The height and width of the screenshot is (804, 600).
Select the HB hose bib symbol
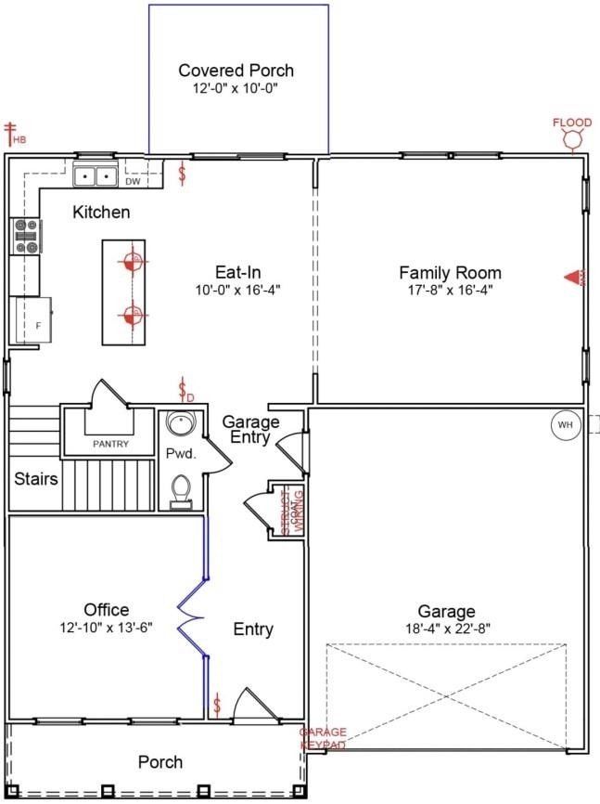[x=13, y=135]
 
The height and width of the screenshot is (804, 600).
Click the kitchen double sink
[x=95, y=175]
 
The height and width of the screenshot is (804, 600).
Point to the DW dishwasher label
[x=133, y=182]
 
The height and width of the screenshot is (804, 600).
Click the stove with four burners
[x=25, y=236]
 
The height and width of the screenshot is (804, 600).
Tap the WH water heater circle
[x=565, y=425]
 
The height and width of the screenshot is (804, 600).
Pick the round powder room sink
[x=179, y=425]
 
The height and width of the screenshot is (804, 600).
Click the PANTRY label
[x=110, y=445]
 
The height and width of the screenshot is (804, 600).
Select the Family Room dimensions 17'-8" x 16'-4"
[x=450, y=290]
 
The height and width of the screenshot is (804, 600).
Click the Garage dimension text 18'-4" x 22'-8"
[x=446, y=629]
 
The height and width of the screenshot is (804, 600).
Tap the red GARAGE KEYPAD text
[x=323, y=739]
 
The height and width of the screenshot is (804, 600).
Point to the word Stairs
[x=36, y=480]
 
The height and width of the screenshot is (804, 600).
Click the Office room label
[x=106, y=610]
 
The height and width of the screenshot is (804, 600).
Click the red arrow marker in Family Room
[x=573, y=277]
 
